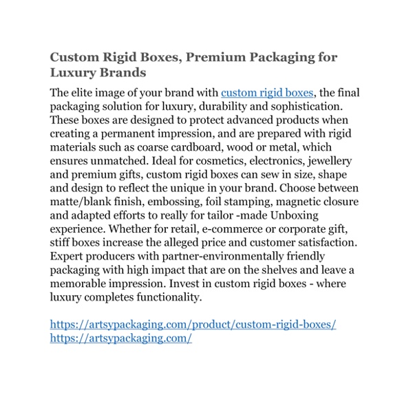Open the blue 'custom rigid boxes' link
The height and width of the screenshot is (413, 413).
267,93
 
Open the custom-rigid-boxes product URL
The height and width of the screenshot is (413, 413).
193,324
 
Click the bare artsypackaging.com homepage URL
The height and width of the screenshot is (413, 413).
120,339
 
